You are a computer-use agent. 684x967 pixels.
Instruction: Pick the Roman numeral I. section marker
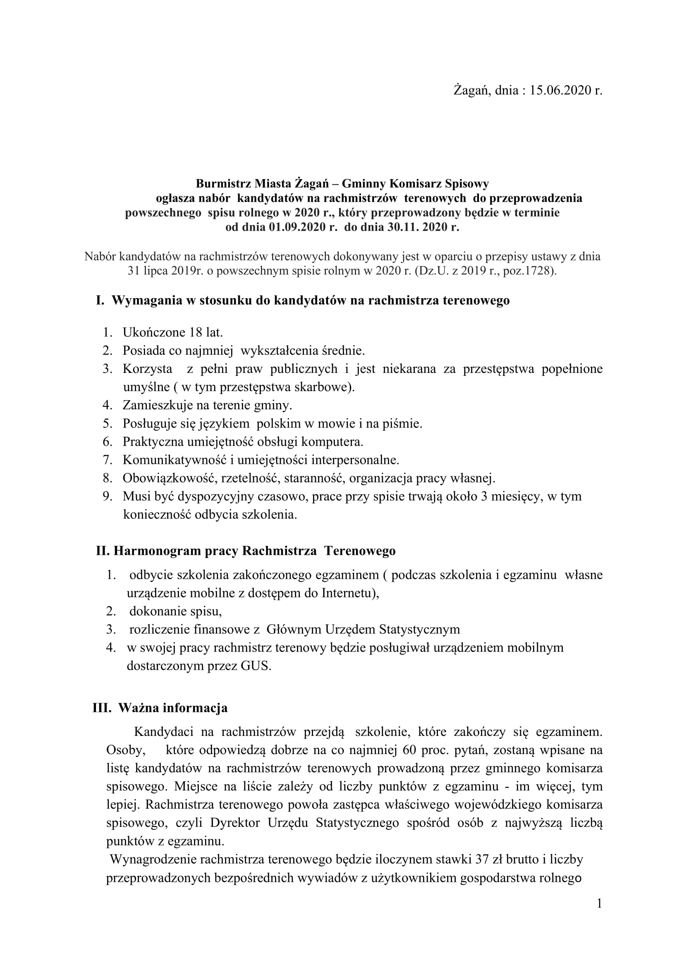(100, 300)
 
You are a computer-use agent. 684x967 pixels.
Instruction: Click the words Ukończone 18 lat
(173, 332)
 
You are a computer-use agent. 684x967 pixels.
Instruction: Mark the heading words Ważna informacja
(173, 708)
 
